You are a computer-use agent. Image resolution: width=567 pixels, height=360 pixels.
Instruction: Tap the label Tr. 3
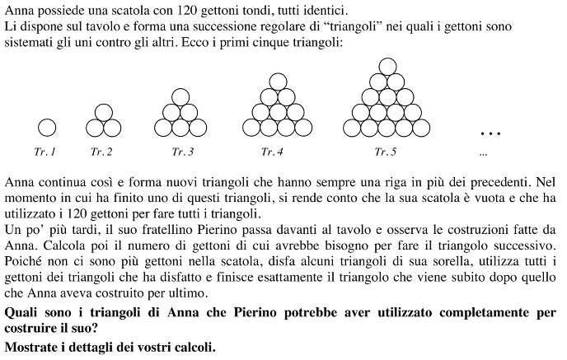(x=183, y=152)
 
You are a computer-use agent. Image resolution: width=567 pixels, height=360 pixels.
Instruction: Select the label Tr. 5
(x=385, y=152)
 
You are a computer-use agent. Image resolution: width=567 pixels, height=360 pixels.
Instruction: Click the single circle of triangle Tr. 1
(x=47, y=128)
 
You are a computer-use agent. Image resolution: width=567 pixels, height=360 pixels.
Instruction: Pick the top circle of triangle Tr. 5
(x=385, y=66)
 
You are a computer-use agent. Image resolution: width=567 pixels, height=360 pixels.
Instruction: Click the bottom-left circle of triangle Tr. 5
(x=352, y=128)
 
